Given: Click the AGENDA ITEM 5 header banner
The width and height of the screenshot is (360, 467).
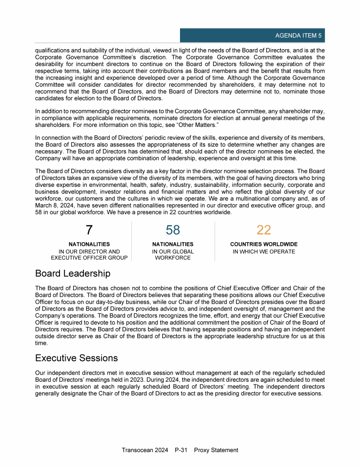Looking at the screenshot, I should (x=252, y=36).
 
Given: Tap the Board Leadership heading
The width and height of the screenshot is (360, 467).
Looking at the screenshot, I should (x=73, y=273).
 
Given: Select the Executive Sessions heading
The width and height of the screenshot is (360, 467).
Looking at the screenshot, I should (x=76, y=358).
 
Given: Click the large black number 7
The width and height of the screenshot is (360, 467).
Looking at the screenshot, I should (x=89, y=230).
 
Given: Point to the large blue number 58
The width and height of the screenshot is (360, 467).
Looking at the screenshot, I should (x=173, y=230).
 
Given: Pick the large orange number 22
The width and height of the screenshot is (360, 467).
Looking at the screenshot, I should (x=263, y=230).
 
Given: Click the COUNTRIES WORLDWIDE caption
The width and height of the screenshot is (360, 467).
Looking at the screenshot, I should (x=263, y=245).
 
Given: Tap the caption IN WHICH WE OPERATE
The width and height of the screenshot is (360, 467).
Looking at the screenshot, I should (x=263, y=252).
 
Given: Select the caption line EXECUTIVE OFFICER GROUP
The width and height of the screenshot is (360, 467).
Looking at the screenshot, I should (x=89, y=258).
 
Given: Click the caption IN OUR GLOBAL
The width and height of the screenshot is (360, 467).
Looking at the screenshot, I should (x=173, y=252).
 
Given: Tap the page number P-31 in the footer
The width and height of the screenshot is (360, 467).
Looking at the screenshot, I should (x=181, y=450).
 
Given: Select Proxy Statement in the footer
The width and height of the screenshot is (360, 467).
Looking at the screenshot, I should (x=216, y=450).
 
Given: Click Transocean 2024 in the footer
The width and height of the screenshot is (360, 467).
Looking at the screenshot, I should (x=145, y=450).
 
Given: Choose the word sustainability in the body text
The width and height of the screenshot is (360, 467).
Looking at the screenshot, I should (x=186, y=185).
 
